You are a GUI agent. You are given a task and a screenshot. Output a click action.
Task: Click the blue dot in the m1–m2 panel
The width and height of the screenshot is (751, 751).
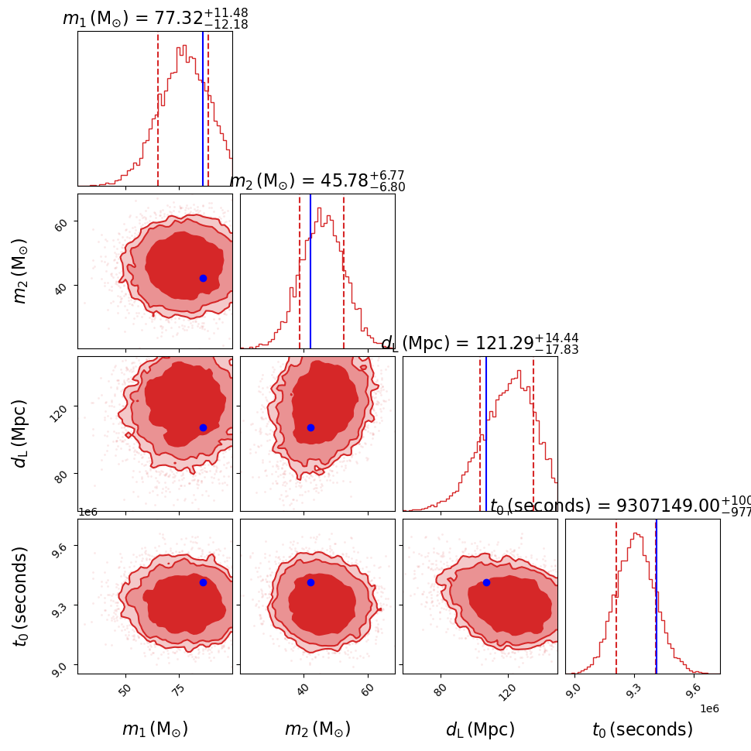coord(203,278)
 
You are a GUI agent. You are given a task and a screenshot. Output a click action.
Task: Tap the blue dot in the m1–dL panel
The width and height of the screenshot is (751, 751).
coord(203,427)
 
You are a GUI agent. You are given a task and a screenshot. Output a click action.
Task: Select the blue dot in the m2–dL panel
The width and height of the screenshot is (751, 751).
coord(310,427)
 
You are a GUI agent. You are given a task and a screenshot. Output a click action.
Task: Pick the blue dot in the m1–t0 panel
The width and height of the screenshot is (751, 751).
coord(203,582)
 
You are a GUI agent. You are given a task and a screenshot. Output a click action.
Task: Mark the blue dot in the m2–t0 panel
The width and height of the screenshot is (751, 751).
coord(310,582)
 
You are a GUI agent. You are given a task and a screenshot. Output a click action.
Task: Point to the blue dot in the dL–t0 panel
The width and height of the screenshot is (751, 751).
coord(486,582)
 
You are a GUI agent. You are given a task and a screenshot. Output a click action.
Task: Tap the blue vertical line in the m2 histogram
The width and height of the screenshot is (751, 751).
coord(310,271)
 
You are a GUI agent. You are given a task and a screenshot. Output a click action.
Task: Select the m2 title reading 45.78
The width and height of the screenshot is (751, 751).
coord(317,181)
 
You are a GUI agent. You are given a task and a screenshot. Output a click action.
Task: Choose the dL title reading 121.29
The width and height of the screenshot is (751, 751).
coord(480,344)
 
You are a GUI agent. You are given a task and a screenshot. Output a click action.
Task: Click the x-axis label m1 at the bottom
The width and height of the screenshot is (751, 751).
coord(155,729)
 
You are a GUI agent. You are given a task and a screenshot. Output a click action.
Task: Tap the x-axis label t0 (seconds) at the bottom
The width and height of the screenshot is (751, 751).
coord(643,729)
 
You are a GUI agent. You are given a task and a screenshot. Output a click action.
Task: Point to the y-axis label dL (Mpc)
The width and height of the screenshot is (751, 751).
coord(21,434)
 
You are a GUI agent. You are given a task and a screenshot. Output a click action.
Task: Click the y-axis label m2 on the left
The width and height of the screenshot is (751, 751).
coord(21,271)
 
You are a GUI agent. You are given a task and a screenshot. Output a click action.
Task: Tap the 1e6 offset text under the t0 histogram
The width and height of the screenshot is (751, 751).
coord(709,708)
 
